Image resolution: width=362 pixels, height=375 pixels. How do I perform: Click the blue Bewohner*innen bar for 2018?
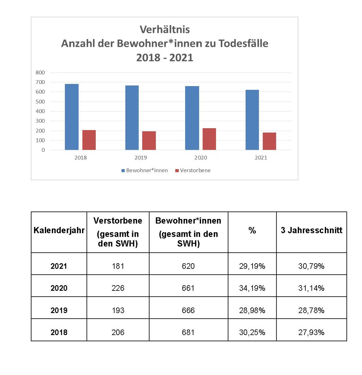pyautogui.click(x=72, y=117)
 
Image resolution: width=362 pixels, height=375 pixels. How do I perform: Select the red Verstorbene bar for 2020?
pyautogui.click(x=209, y=139)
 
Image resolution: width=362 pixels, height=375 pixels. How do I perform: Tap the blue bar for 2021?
pyautogui.click(x=252, y=120)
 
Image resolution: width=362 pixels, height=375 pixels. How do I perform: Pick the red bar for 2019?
pyautogui.click(x=149, y=141)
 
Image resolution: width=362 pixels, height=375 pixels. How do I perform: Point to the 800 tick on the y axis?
pyautogui.click(x=40, y=72)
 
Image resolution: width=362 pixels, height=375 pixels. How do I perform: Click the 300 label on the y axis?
pyautogui.click(x=40, y=121)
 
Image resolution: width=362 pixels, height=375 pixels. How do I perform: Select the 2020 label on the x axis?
pyautogui.click(x=201, y=158)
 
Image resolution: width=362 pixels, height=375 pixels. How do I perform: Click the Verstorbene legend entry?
pyautogui.click(x=193, y=170)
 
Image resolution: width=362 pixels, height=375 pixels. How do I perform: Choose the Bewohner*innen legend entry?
pyautogui.click(x=144, y=170)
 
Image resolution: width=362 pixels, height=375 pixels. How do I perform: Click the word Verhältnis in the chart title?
pyautogui.click(x=165, y=29)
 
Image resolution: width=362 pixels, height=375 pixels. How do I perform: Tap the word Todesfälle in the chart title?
pyautogui.click(x=243, y=43)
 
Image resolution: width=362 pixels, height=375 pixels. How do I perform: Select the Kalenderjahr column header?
pyautogui.click(x=59, y=230)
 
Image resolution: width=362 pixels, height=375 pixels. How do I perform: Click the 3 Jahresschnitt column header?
pyautogui.click(x=311, y=230)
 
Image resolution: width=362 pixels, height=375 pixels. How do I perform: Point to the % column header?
pyautogui.click(x=252, y=230)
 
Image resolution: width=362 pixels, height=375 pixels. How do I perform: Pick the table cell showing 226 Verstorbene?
pyautogui.click(x=118, y=288)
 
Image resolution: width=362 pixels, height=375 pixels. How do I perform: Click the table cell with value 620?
pyautogui.click(x=188, y=266)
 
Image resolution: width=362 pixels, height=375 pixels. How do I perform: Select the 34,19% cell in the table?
pyautogui.click(x=252, y=288)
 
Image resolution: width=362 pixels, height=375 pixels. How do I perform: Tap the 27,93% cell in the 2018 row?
pyautogui.click(x=311, y=332)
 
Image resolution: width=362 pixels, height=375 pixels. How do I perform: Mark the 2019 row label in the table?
pyautogui.click(x=59, y=310)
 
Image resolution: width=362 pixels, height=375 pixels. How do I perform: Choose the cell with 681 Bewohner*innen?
pyautogui.click(x=188, y=332)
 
